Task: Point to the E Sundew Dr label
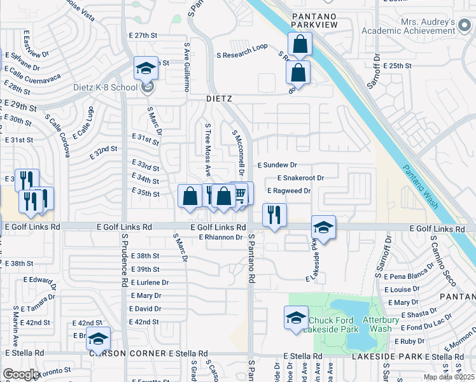click(x=277, y=165)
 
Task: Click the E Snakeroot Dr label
click(x=301, y=178)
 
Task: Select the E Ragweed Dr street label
click(x=288, y=190)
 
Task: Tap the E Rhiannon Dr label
click(x=221, y=237)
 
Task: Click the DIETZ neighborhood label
click(x=219, y=99)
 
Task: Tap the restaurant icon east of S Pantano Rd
click(x=274, y=215)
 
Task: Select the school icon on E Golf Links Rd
click(x=323, y=227)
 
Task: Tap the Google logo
click(x=21, y=374)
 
